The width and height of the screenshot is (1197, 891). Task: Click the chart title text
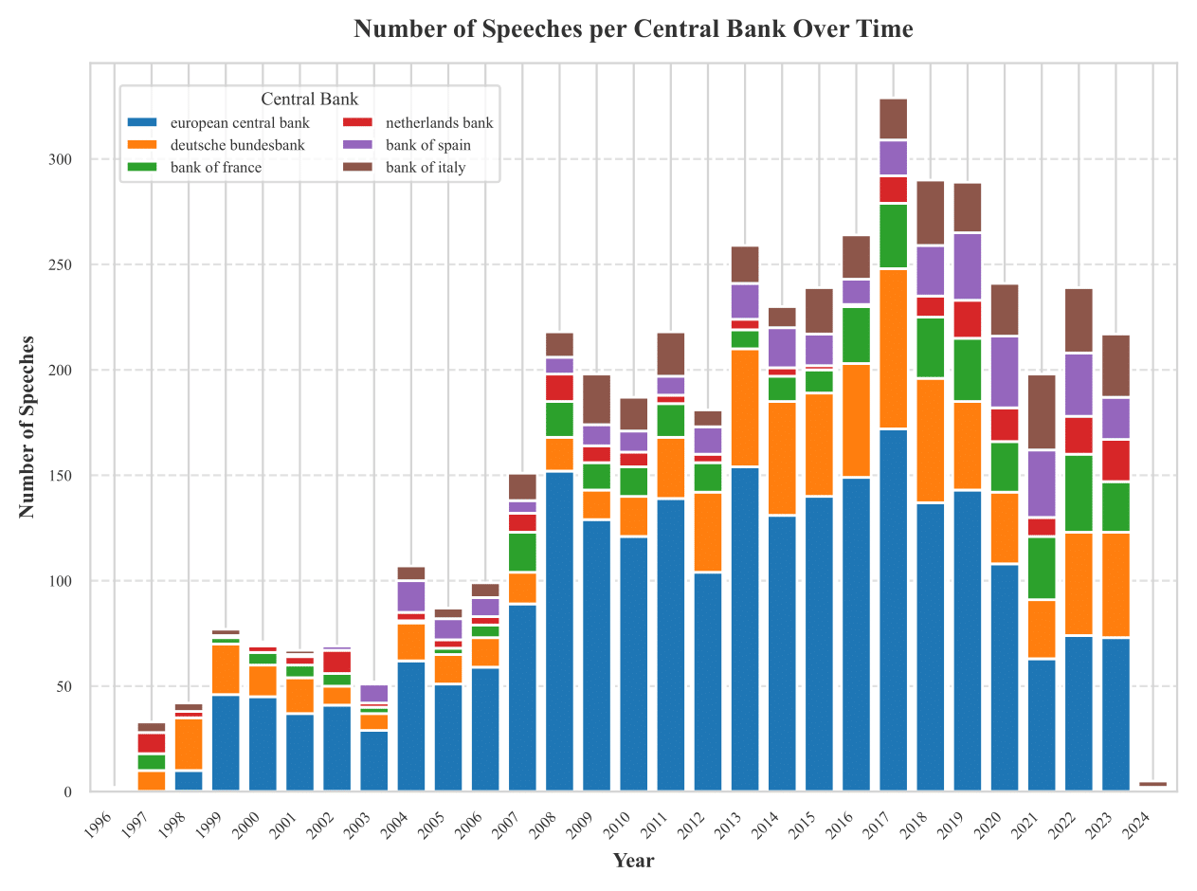[x=633, y=29]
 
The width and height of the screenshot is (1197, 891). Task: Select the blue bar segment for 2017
[x=893, y=607]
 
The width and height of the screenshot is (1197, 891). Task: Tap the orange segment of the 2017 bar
[x=893, y=349]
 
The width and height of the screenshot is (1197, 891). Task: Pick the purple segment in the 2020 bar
[x=1005, y=372]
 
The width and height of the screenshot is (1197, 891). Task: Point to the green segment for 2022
[x=1079, y=493]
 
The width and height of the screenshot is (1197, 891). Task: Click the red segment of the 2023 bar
[x=1115, y=460]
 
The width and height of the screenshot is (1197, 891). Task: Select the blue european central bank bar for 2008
[x=559, y=630]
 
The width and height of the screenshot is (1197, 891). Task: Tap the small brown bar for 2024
[x=1152, y=784]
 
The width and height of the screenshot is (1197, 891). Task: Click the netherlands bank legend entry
[x=439, y=123]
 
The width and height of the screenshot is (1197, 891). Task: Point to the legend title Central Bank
[x=309, y=99]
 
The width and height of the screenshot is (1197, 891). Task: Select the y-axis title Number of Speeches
[x=27, y=427]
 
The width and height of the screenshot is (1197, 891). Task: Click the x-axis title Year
[x=632, y=861]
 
